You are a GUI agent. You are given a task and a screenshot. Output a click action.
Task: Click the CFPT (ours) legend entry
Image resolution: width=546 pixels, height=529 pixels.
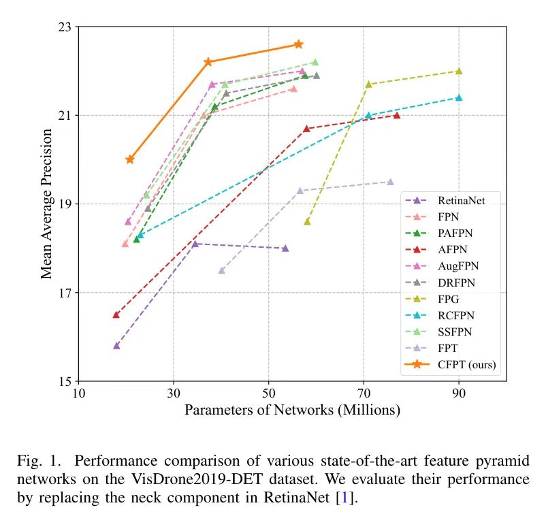point(466,365)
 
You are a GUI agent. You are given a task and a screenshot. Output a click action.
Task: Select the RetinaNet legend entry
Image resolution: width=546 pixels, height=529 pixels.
point(462,201)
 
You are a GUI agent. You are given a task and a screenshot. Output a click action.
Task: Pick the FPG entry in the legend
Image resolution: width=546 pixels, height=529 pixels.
point(450,300)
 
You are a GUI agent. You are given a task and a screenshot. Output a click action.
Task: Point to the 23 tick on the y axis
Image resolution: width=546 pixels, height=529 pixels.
point(65,27)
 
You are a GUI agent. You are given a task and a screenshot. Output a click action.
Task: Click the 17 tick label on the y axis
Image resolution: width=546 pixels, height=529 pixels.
point(65,293)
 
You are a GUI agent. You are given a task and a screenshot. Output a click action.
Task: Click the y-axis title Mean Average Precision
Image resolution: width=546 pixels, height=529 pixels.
point(46,204)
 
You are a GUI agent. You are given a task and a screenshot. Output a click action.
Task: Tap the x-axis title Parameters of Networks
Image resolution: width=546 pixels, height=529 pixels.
point(292,411)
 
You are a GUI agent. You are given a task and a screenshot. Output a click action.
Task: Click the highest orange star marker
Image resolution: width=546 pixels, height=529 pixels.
point(298,44)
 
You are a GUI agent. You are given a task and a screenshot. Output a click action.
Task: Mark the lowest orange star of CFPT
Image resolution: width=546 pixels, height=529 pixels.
point(130,159)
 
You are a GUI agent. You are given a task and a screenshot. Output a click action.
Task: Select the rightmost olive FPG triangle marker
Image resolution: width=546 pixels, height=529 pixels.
point(459,71)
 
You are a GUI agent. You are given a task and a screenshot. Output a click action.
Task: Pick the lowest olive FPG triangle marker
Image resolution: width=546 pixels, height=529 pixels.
point(307,221)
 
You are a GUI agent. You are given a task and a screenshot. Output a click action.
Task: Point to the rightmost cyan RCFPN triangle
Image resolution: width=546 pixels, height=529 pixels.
point(459,97)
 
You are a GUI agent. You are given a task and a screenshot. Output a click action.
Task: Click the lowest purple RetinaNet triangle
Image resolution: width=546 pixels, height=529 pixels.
point(116,346)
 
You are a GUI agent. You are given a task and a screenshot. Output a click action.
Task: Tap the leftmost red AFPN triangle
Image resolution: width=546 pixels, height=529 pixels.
point(116,315)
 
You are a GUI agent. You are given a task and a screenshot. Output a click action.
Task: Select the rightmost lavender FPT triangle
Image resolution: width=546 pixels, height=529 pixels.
point(390,182)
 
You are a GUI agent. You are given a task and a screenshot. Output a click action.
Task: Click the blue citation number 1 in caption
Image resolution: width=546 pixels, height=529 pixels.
point(344,498)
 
